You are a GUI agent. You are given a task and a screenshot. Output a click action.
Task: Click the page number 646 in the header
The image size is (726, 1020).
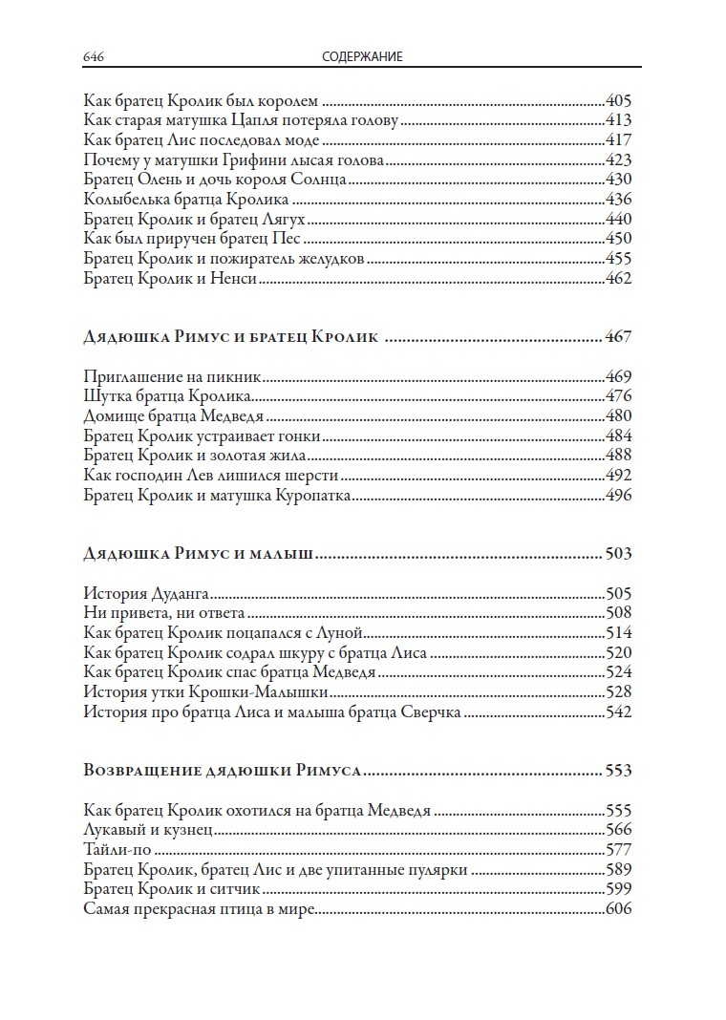[94, 57]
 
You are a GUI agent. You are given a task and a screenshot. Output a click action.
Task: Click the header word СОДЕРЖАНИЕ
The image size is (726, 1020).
[362, 57]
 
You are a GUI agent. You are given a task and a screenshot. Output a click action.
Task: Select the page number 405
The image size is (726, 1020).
[619, 100]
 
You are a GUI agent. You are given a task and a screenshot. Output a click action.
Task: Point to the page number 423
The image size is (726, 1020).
[619, 159]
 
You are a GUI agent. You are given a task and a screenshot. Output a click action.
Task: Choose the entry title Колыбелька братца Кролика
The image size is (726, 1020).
[186, 200]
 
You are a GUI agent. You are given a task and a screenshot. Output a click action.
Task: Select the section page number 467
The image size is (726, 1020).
[618, 336]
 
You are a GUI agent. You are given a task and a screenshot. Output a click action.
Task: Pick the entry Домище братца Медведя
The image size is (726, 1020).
[174, 416]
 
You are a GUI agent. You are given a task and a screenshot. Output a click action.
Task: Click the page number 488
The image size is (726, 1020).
[619, 456]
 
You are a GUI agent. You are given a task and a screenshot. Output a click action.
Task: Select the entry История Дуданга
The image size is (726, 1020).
[146, 593]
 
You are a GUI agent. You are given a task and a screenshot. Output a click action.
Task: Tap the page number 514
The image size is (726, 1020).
[619, 633]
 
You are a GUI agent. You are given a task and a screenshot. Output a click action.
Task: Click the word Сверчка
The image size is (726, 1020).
[432, 712]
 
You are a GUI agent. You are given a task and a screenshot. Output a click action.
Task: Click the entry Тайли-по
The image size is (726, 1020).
[117, 849]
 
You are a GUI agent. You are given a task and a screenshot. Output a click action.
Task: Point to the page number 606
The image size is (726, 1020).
[619, 908]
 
